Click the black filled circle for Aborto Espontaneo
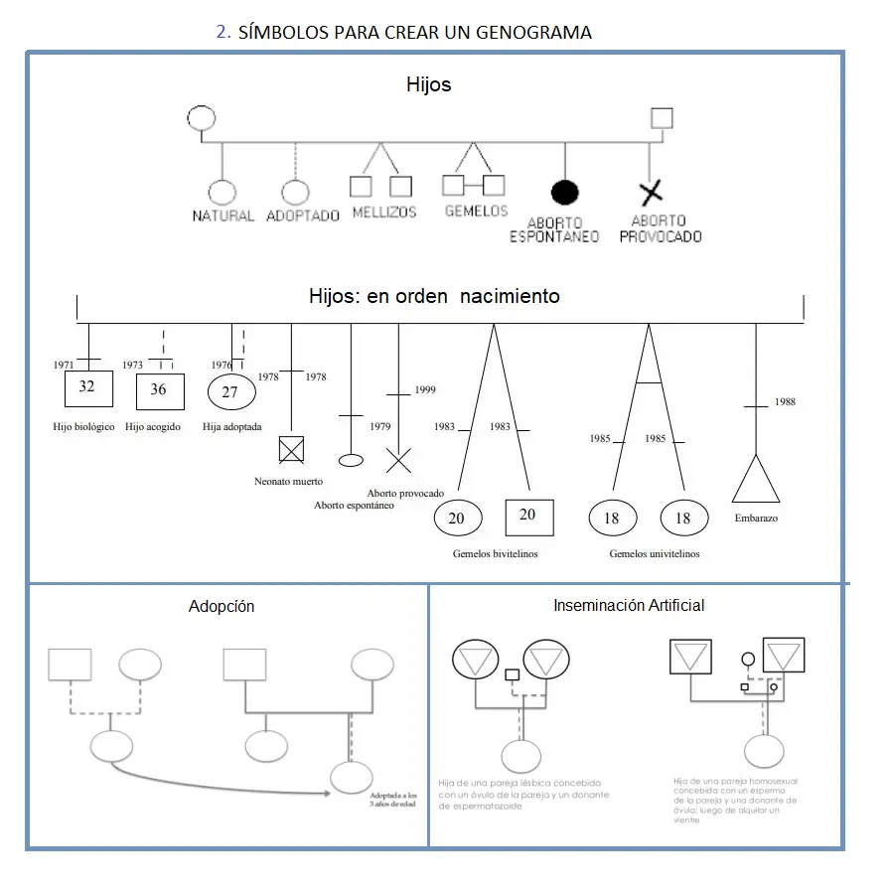[565, 192]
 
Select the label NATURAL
[223, 216]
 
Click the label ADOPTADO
[303, 216]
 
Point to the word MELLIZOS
[384, 213]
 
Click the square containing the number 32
[87, 387]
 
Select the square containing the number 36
[159, 389]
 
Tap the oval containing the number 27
[229, 391]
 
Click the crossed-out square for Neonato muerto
[290, 450]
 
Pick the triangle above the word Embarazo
[756, 481]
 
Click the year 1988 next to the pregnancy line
[784, 402]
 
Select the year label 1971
[64, 365]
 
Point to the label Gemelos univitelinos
[654, 553]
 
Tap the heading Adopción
[222, 606]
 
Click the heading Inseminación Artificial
[629, 605]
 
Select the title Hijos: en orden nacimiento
[434, 296]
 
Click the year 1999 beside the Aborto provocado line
[425, 390]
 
